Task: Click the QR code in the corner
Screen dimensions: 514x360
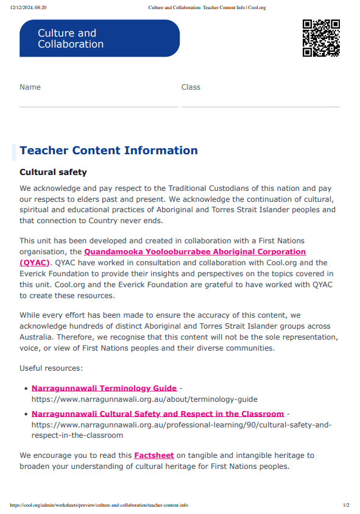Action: pos(321,38)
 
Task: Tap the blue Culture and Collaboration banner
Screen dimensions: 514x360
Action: pos(99,38)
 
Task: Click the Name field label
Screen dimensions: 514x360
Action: pos(30,87)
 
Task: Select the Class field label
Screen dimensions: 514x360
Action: pos(191,87)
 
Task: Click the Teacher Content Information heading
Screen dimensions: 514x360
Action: pos(108,151)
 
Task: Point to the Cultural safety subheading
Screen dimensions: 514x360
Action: pos(53,173)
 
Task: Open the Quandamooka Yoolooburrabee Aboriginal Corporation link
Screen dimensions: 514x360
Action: pos(194,252)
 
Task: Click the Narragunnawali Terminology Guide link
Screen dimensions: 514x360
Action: pos(104,388)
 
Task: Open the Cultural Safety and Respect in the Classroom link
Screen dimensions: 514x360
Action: pos(158,414)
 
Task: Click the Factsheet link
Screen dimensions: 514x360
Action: pos(154,455)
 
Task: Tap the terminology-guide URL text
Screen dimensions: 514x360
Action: pos(144,399)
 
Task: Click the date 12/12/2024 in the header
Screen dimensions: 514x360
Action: pos(28,8)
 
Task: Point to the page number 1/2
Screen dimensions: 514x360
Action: pos(346,505)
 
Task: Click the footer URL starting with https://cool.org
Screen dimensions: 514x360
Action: pos(99,505)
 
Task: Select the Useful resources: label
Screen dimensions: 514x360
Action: pos(51,368)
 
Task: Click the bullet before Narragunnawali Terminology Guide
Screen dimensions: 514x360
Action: pos(26,388)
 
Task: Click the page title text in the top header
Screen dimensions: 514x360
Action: pos(207,8)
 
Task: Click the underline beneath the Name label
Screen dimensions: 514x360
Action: pos(99,107)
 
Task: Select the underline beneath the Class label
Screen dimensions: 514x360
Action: pos(260,107)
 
